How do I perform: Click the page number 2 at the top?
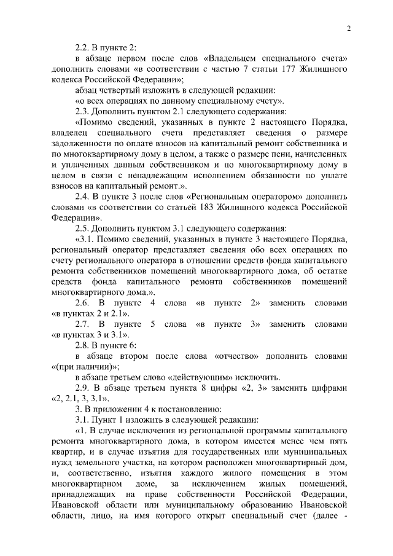tap(348, 28)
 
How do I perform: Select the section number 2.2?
tap(82, 48)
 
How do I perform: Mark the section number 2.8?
tap(82, 345)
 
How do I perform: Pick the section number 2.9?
tap(82, 388)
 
